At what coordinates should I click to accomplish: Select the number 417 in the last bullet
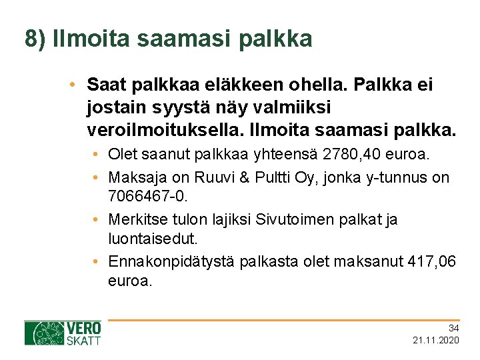coord(422,261)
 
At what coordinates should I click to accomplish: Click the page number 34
coord(453,328)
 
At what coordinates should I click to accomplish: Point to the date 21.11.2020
coord(436,341)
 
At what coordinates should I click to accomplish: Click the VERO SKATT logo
coord(63,333)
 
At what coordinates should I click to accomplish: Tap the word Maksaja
coord(137,178)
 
